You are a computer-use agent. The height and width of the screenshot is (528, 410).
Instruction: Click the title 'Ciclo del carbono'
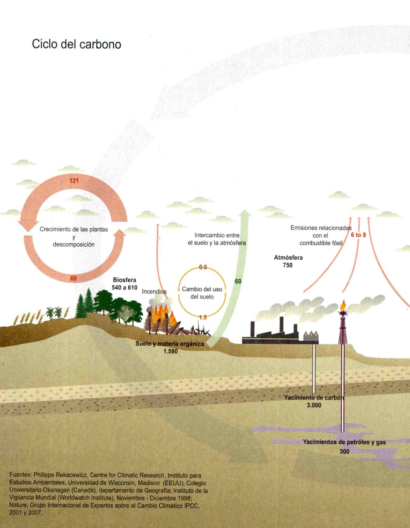pos(76,44)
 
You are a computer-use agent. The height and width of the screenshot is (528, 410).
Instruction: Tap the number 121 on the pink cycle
pos(74,180)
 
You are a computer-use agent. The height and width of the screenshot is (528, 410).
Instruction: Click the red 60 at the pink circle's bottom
pos(74,278)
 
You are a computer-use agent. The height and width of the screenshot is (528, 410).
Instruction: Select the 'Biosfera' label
pos(125,280)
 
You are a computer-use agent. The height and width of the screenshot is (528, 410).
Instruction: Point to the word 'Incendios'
pos(154,292)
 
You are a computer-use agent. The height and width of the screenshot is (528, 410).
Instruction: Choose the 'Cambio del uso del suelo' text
pos(202,293)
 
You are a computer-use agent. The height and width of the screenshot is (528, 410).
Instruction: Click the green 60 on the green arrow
pos(238,281)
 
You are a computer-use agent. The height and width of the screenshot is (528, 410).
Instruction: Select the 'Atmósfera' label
pos(288,258)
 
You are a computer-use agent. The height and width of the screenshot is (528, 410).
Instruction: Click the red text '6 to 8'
pos(358,235)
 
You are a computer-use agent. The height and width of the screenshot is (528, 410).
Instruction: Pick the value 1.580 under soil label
pos(171,351)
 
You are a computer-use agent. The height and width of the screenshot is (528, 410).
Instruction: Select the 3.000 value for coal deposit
pos(314,405)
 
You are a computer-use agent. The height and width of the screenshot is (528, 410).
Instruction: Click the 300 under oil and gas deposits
pos(344,451)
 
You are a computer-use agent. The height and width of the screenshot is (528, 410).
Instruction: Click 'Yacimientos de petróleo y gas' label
pos(344,442)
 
